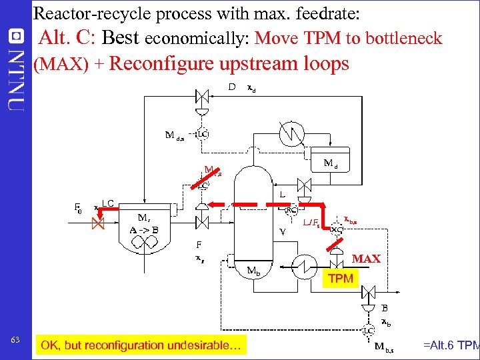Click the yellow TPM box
(x=341, y=279)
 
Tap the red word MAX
(x=366, y=259)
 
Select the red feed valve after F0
(x=98, y=224)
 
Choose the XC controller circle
(x=337, y=229)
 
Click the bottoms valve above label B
(x=367, y=291)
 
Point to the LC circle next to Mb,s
(x=367, y=330)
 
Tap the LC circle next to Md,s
(x=202, y=134)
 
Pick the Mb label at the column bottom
(x=253, y=271)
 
